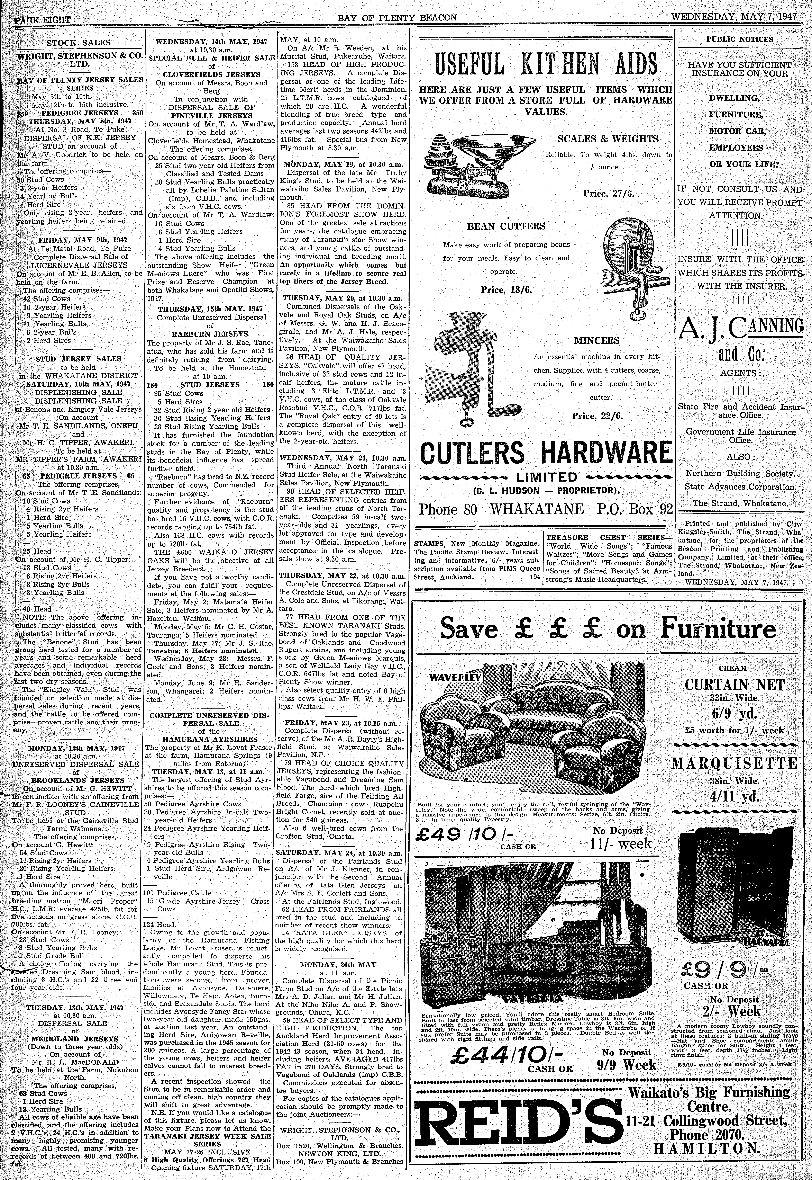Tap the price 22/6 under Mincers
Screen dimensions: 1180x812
point(597,416)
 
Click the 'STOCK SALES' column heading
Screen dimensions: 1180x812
point(78,43)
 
